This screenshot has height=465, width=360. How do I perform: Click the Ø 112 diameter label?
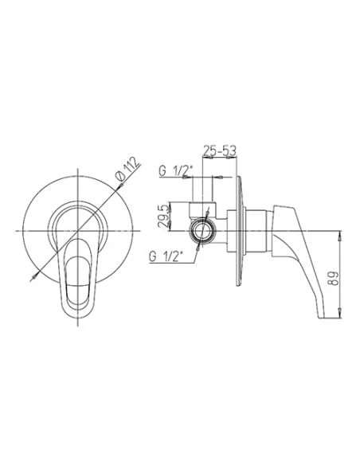click(x=127, y=169)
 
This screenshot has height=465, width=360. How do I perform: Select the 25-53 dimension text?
click(x=220, y=150)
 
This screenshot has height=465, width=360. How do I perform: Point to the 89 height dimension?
click(x=334, y=279)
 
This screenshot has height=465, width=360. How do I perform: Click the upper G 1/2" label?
click(x=175, y=171)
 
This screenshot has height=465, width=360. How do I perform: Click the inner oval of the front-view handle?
click(x=78, y=283)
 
